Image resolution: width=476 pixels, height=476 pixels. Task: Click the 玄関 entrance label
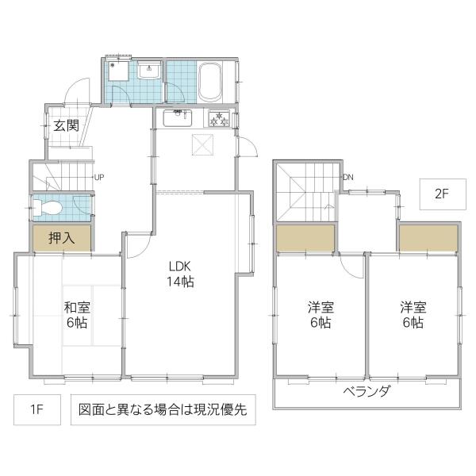click(x=66, y=125)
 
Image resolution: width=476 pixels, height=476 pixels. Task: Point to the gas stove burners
click(x=219, y=120)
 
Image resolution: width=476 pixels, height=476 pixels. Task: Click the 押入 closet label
click(x=61, y=237)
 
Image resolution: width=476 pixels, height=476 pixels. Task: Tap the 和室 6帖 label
click(x=76, y=315)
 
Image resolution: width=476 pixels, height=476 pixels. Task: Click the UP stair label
click(x=99, y=177)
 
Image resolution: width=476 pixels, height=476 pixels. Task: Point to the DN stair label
click(x=347, y=177)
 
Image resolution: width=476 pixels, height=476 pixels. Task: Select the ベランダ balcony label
click(x=367, y=391)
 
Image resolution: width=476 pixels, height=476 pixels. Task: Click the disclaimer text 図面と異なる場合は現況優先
click(x=163, y=410)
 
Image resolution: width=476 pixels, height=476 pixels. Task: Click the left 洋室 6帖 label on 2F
click(x=320, y=315)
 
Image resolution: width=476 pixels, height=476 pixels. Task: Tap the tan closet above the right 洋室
click(x=428, y=237)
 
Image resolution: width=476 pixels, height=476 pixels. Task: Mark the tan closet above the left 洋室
click(x=305, y=237)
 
